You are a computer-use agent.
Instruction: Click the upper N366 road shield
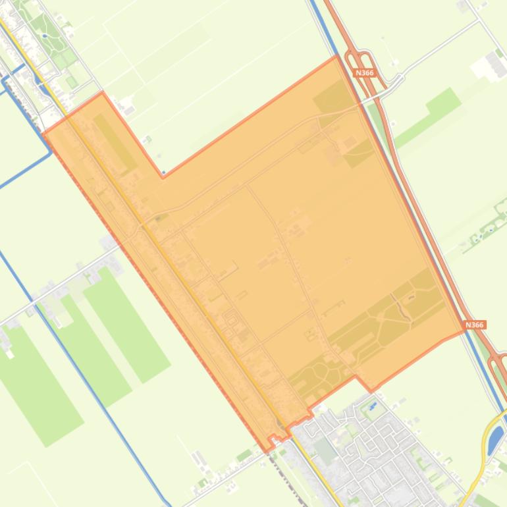coord(365,73)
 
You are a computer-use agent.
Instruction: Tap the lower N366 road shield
coord(474,325)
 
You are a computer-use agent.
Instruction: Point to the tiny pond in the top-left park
coord(44,36)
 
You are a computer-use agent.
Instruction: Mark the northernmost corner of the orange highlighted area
coord(336,57)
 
